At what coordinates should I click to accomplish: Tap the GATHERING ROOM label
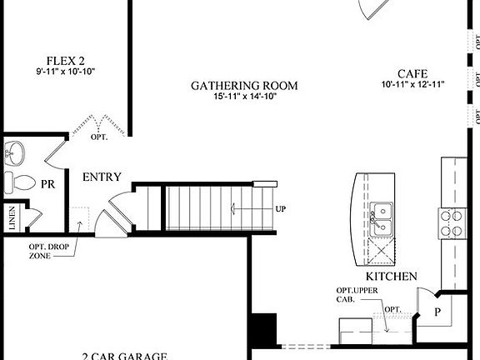(x=244, y=86)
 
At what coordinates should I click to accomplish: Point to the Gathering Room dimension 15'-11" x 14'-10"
(x=244, y=97)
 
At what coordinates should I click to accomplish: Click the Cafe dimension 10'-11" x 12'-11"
(x=413, y=84)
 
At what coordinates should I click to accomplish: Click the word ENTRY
(x=102, y=177)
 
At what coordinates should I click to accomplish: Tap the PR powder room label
(x=48, y=184)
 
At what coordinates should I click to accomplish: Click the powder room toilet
(x=19, y=183)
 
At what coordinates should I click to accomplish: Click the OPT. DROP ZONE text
(x=47, y=252)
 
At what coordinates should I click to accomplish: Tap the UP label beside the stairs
(x=281, y=208)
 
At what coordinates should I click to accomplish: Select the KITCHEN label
(x=391, y=276)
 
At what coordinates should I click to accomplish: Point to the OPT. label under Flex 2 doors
(x=100, y=136)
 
